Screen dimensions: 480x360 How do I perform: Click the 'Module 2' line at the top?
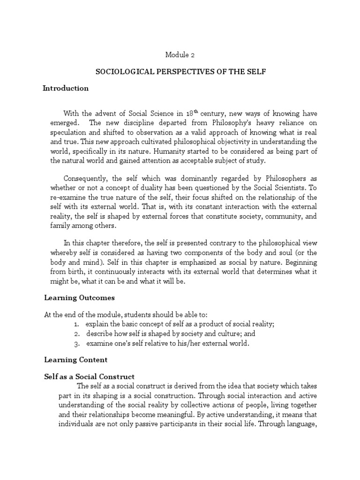[x=180, y=55]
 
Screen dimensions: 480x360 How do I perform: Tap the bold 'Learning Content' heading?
[x=76, y=360]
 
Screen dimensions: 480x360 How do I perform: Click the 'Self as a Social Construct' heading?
[x=89, y=376]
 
